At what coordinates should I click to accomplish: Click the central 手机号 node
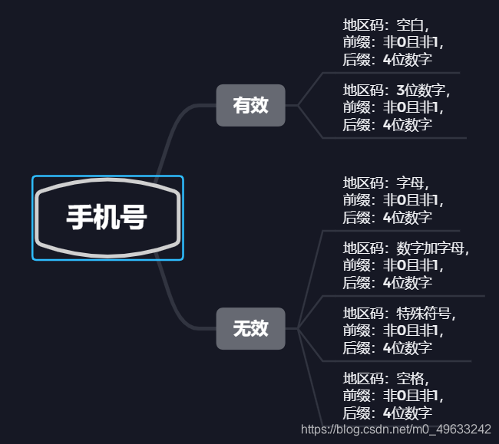[x=107, y=218]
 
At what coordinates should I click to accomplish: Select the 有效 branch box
[x=250, y=105]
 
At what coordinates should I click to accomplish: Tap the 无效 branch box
[x=250, y=329]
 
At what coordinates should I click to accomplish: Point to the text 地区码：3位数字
[x=396, y=90]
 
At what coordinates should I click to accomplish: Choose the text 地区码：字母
[x=385, y=183]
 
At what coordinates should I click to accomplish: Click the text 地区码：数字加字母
[x=405, y=248]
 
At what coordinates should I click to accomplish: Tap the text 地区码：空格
[x=385, y=378]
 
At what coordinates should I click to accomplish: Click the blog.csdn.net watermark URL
[x=396, y=429]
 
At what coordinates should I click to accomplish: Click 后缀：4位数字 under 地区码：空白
[x=387, y=58]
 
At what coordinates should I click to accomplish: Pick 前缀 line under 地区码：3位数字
[x=392, y=107]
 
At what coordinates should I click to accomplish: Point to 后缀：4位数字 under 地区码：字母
[x=387, y=217]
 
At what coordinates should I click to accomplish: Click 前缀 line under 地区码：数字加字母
[x=392, y=265]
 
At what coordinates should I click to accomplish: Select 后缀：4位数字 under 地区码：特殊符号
[x=387, y=347]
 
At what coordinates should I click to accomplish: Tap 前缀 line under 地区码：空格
[x=392, y=396]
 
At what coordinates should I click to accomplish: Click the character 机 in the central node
[x=107, y=218]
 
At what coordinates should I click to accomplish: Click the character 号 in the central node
[x=134, y=218]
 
